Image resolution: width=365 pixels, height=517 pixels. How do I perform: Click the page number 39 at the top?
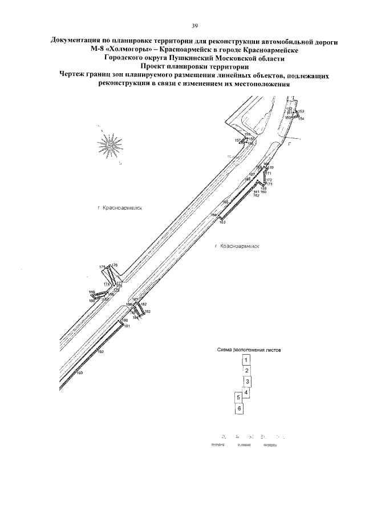pyautogui.click(x=194, y=26)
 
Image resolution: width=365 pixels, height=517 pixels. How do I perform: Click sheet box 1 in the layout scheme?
pyautogui.click(x=246, y=360)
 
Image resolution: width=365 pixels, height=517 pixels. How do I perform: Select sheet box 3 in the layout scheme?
pyautogui.click(x=248, y=381)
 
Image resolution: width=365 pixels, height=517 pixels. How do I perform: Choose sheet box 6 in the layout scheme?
pyautogui.click(x=240, y=408)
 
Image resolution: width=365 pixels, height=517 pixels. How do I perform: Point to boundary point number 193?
pyautogui.click(x=80, y=372)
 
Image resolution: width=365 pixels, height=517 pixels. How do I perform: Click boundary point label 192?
pyautogui.click(x=100, y=352)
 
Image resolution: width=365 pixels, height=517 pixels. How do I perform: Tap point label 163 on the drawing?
pyautogui.click(x=222, y=222)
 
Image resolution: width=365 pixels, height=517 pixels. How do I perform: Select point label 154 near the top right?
pyautogui.click(x=301, y=118)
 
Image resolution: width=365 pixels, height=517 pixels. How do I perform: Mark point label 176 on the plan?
pyautogui.click(x=115, y=265)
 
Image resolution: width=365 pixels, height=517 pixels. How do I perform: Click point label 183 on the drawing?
pyautogui.click(x=147, y=311)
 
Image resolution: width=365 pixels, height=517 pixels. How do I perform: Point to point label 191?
pyautogui.click(x=127, y=326)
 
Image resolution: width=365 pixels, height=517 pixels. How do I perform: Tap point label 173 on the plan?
pyautogui.click(x=269, y=184)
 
